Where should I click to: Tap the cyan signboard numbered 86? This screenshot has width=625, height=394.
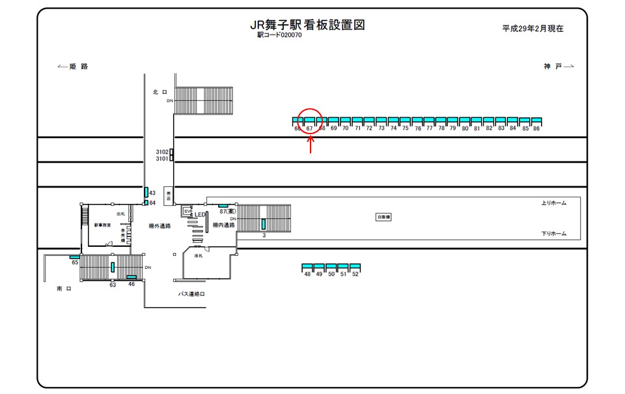[x=536, y=121]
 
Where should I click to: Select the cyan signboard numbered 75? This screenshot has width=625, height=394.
[x=406, y=121]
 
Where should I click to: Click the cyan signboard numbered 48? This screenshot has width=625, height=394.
[x=307, y=267]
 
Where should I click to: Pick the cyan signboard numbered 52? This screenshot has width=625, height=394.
[x=355, y=267]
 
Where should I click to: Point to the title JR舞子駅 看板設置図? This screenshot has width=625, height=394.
[x=307, y=25]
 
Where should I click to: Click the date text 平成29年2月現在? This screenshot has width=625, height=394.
[x=533, y=29]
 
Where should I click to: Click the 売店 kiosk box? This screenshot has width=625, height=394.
[x=169, y=195]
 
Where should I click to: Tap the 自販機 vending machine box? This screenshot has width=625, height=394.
[x=383, y=217]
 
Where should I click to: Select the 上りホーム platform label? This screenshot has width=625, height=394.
[x=553, y=203]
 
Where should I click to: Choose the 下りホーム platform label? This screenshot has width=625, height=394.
[x=553, y=233]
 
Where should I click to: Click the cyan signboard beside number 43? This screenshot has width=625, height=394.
[x=146, y=192]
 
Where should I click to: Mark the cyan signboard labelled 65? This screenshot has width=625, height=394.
[x=74, y=257]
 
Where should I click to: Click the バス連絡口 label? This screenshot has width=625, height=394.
[x=192, y=294]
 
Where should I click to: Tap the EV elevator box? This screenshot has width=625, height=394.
[x=187, y=211]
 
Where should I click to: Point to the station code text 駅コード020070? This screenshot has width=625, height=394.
[x=279, y=35]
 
